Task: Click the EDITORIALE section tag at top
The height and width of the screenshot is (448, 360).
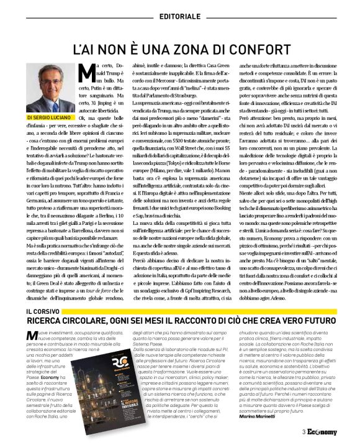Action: click(x=181, y=15)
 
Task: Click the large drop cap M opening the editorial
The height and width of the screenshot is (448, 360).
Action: click(x=88, y=72)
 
